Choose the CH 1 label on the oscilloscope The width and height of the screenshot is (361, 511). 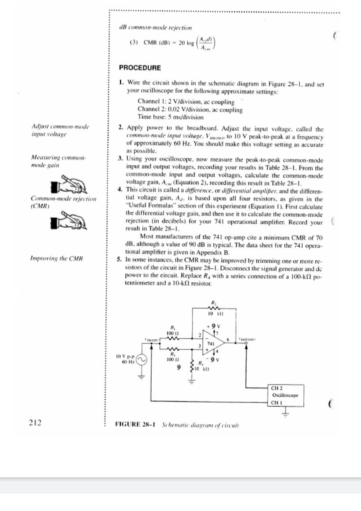pos(277,402)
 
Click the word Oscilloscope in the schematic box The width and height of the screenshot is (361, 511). pos(287,395)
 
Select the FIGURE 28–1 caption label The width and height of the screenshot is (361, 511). pos(136,424)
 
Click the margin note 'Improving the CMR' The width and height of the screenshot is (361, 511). pos(57,258)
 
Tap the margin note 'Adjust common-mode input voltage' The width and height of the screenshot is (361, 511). pos(60,131)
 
